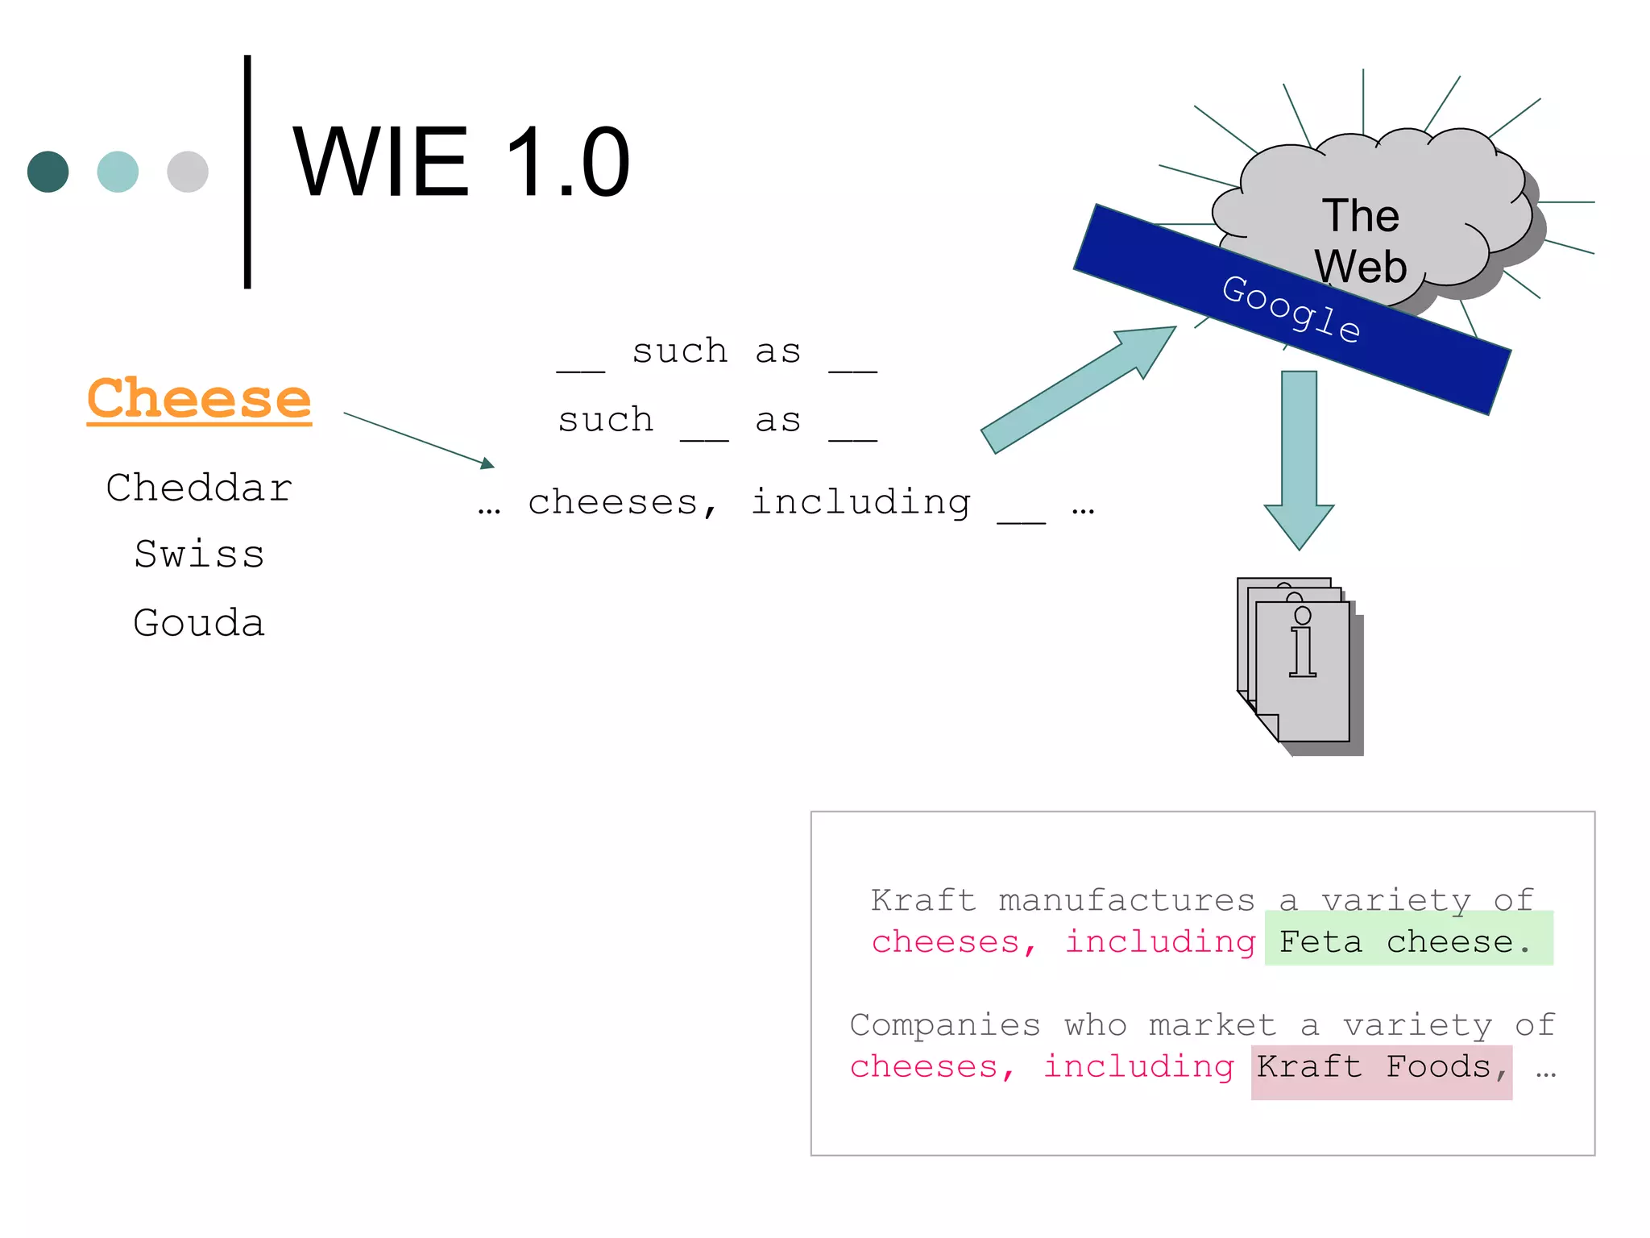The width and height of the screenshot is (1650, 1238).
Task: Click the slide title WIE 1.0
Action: click(461, 163)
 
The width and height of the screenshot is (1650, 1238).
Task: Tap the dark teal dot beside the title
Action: click(48, 172)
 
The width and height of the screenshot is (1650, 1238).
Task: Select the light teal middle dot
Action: click(118, 172)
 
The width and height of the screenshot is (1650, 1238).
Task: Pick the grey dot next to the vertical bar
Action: click(188, 172)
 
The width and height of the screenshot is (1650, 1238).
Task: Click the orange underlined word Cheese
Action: click(199, 399)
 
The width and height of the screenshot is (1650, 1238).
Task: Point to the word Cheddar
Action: click(199, 488)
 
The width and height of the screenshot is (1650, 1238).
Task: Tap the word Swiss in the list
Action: click(199, 555)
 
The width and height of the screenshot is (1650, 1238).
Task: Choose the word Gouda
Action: click(199, 623)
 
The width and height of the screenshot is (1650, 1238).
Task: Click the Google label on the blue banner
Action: click(1291, 309)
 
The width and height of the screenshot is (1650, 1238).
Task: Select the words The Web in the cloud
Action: click(1361, 240)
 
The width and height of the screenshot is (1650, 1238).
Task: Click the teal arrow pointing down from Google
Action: click(1299, 459)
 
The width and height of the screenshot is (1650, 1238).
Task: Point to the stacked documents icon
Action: click(1299, 665)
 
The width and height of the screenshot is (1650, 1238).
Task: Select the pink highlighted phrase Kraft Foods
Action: click(1381, 1067)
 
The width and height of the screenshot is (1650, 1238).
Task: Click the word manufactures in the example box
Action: click(1126, 900)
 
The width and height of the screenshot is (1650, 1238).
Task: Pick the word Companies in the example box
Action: click(945, 1025)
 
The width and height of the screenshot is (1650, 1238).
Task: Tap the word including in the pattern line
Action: click(860, 502)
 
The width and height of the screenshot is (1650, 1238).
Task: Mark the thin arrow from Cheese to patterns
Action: click(419, 440)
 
